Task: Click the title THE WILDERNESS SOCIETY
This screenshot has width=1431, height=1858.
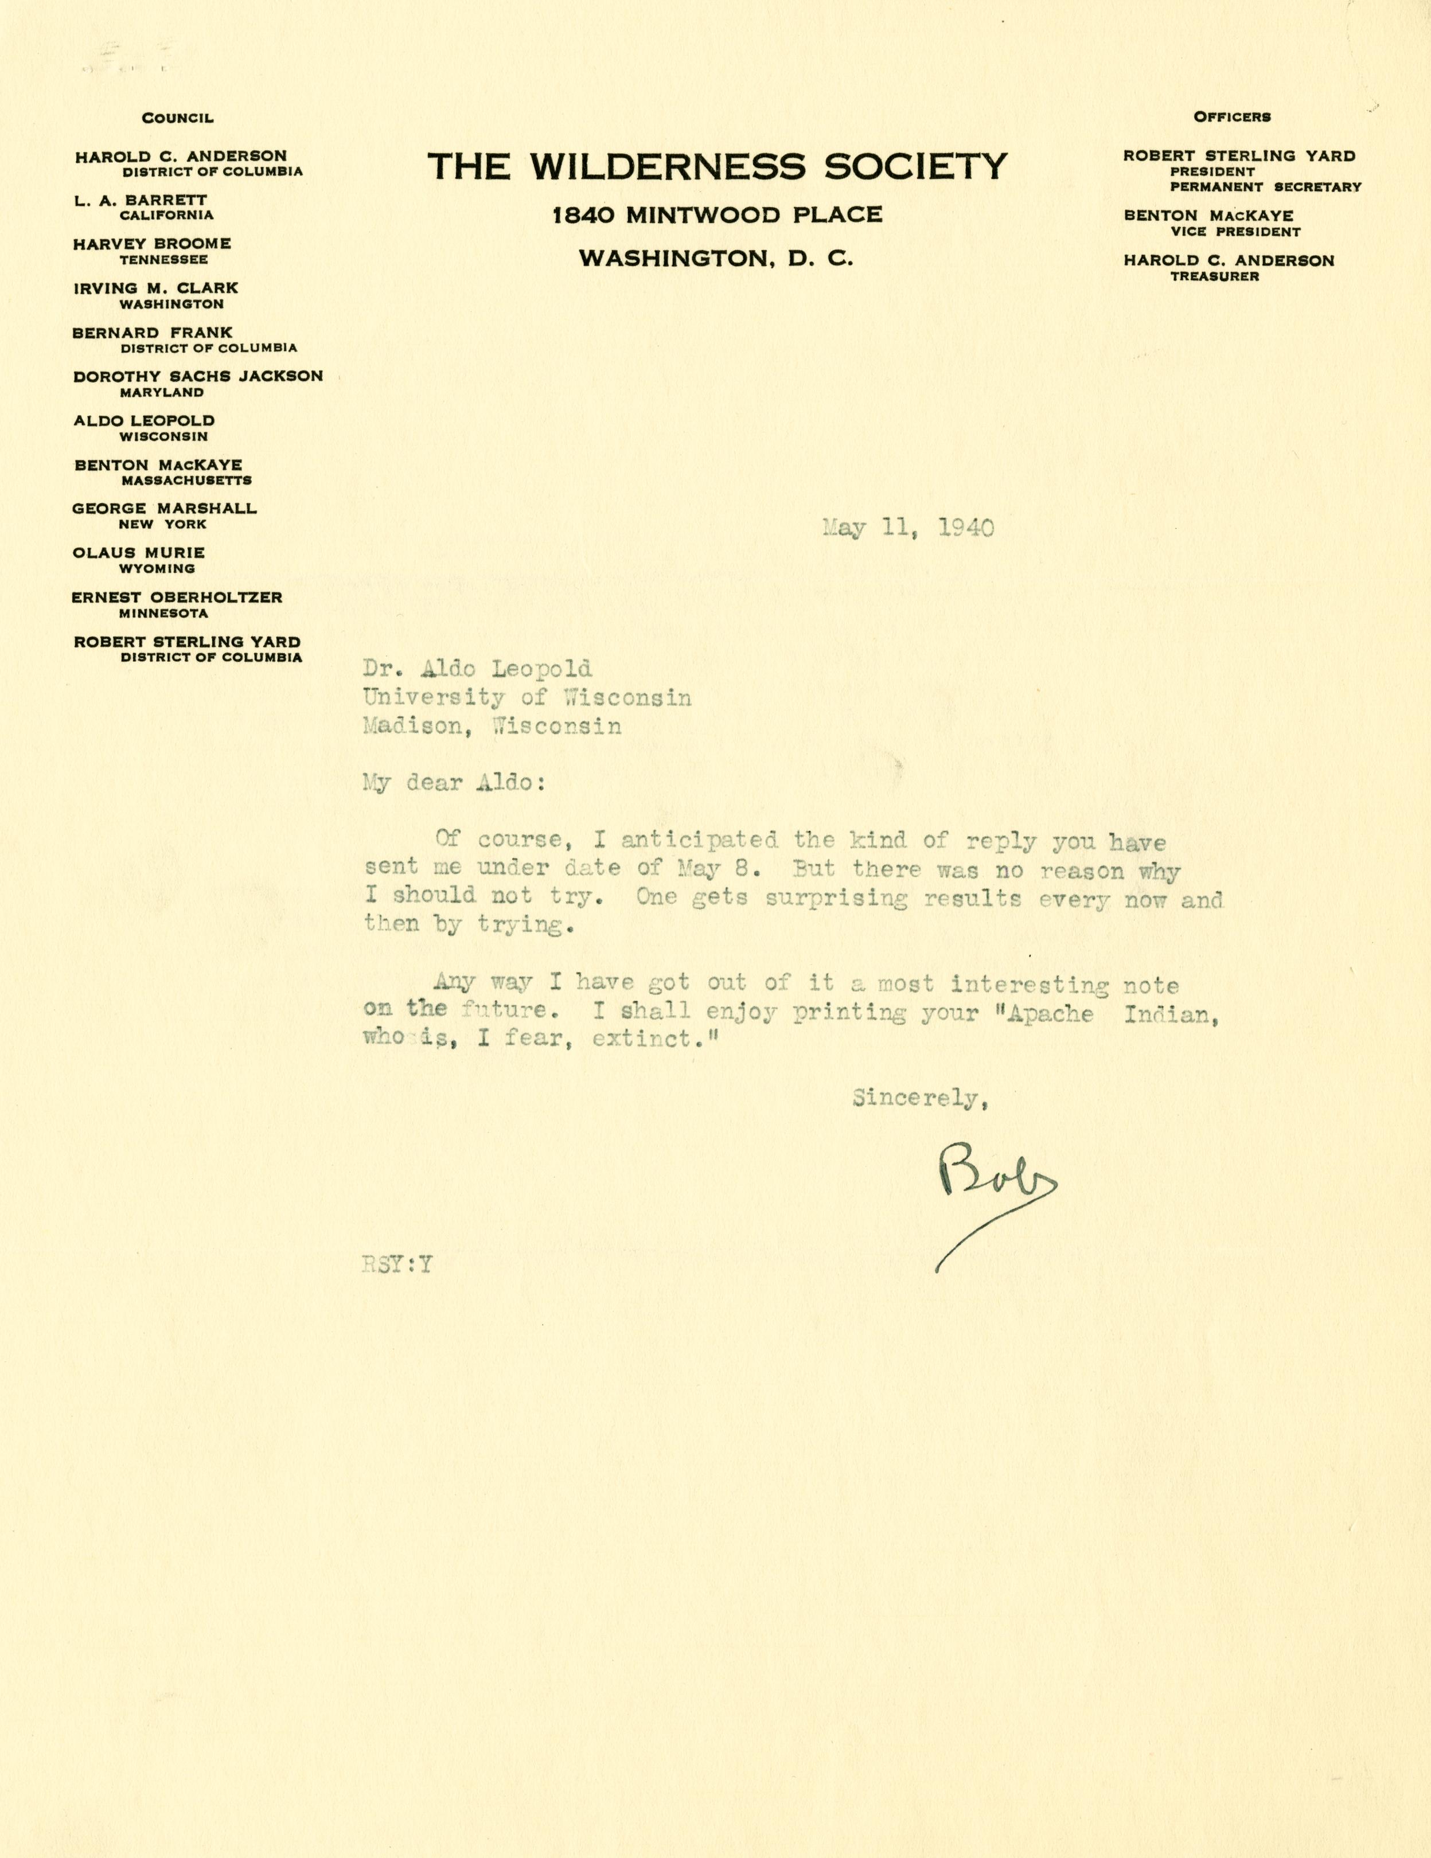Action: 716,166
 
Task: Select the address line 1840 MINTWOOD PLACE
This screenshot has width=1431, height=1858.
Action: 716,215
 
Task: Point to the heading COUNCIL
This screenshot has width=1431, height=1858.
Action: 177,118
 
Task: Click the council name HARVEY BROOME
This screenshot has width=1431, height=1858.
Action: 151,244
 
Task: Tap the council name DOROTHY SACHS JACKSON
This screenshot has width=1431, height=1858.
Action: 197,376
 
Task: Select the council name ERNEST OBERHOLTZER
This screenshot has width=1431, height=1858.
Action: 177,597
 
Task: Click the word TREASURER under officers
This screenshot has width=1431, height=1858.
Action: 1214,276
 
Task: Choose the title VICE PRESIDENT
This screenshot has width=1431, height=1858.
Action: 1234,232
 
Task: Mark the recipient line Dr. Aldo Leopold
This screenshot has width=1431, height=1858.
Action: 477,670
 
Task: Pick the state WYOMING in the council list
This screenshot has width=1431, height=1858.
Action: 157,568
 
